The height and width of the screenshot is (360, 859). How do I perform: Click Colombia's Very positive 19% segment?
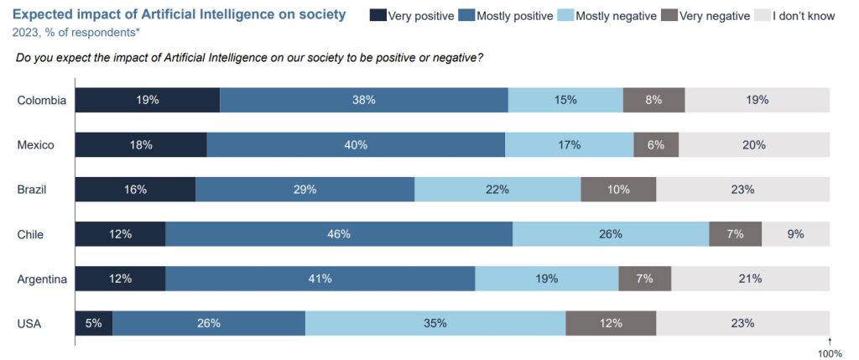(148, 100)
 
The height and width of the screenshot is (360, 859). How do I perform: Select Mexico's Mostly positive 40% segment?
(356, 145)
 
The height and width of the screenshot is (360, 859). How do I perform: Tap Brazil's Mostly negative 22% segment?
(497, 190)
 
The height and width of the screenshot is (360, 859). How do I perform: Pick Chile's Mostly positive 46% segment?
(339, 234)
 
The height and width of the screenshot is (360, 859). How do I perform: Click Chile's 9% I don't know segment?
(795, 234)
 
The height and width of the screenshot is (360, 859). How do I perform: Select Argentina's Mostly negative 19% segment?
(547, 279)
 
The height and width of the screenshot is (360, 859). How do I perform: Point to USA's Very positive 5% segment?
(94, 323)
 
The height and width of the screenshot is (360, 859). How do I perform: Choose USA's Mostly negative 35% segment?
(435, 323)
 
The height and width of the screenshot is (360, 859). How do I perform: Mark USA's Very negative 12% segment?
(611, 323)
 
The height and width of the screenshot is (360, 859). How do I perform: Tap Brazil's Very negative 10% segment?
(618, 190)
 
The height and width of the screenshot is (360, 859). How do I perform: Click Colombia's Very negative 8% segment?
(653, 100)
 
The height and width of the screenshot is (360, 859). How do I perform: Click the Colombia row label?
(41, 100)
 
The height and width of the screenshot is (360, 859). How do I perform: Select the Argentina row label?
(42, 279)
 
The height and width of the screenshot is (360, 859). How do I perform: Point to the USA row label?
(29, 323)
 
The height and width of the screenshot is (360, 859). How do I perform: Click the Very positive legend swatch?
(378, 16)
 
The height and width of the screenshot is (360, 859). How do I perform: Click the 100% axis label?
(829, 353)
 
